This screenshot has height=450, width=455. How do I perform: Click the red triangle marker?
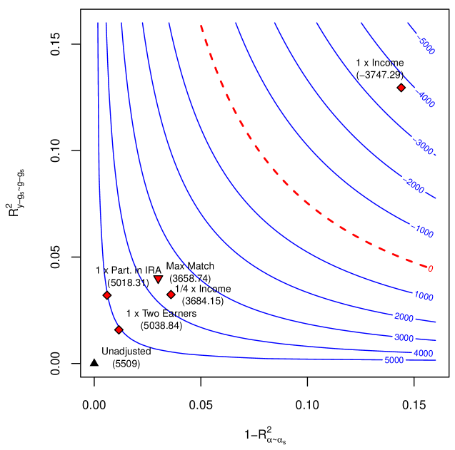(158, 279)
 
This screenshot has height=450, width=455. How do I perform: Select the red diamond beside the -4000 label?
(401, 88)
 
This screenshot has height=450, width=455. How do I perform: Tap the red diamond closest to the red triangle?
(171, 295)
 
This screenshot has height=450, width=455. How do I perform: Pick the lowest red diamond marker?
(119, 329)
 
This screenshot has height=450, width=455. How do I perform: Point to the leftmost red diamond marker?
(106, 295)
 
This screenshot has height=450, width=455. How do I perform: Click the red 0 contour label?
(430, 269)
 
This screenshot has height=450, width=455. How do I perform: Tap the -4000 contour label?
(426, 101)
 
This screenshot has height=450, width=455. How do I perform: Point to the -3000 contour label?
(424, 148)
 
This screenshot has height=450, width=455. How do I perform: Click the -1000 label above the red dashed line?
(424, 232)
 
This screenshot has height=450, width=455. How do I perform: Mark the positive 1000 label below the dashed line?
(424, 296)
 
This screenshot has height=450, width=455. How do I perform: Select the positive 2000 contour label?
(404, 317)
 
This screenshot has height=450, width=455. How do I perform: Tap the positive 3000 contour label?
(404, 337)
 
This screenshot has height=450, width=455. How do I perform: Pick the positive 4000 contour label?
(423, 353)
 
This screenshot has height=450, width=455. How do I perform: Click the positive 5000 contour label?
(394, 360)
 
